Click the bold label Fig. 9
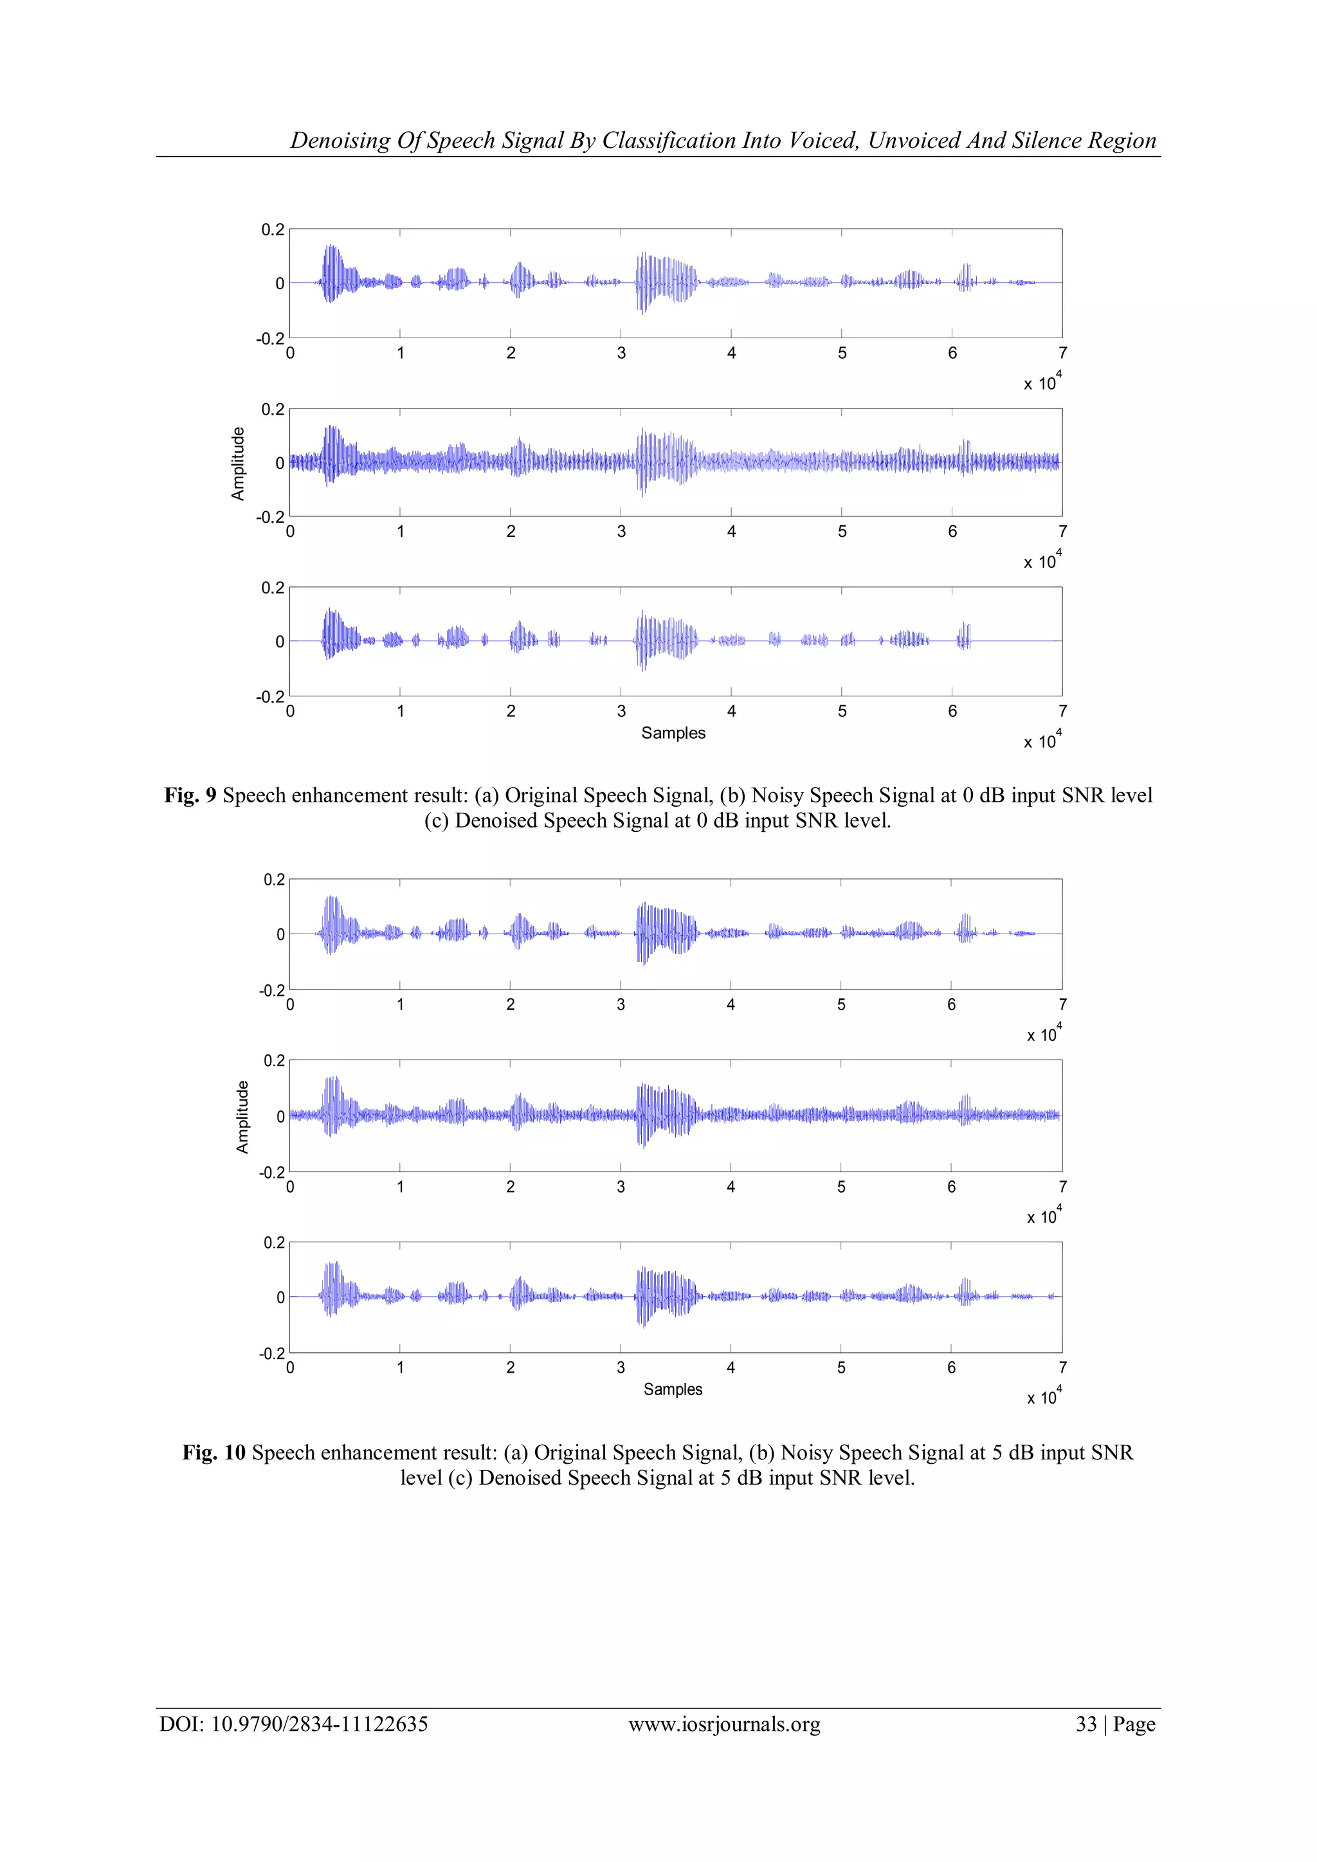point(190,795)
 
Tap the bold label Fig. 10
point(213,1452)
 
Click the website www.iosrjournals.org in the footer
point(724,1724)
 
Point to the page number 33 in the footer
point(1086,1724)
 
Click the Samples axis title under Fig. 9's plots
point(673,733)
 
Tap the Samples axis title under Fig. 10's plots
point(673,1389)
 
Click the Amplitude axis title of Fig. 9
point(237,463)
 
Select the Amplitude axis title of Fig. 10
point(242,1117)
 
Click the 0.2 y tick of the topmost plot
point(273,230)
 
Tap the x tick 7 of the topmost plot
point(1062,353)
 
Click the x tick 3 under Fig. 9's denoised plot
point(621,711)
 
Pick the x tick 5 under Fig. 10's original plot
point(841,1005)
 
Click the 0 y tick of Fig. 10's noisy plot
point(280,1117)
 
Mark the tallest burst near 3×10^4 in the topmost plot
point(643,283)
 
